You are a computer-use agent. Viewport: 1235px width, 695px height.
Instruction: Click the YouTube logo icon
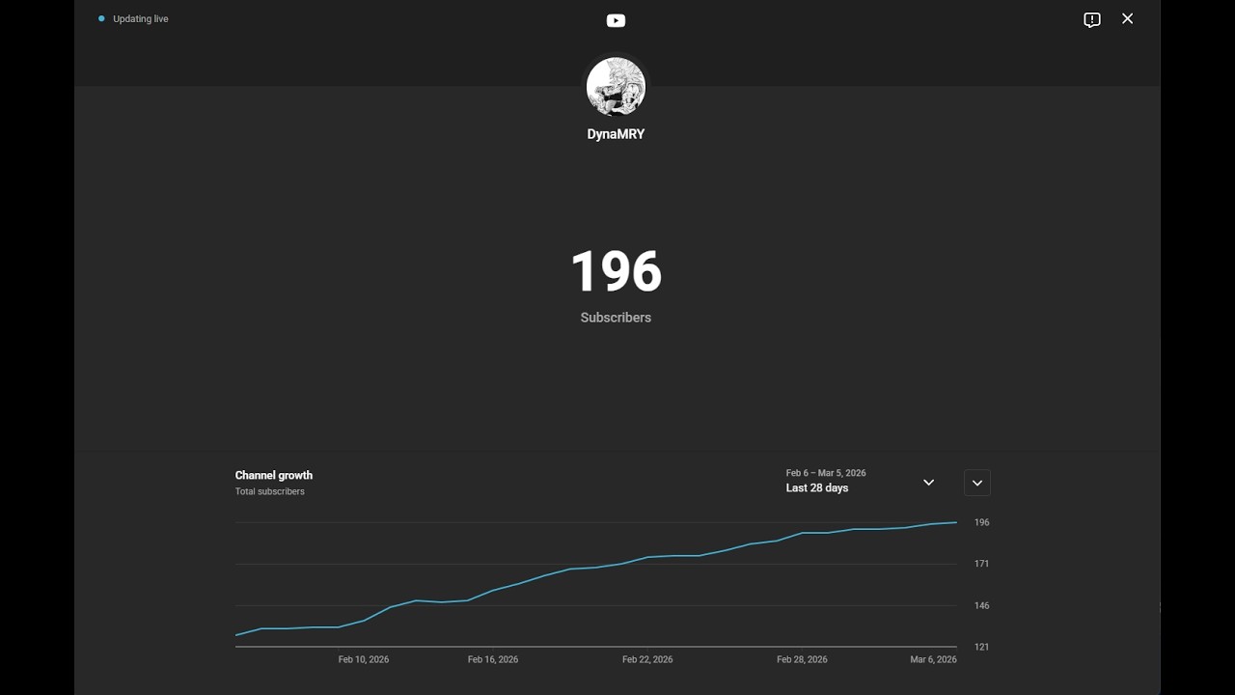616,20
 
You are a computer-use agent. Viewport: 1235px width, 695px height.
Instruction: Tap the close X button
1127,19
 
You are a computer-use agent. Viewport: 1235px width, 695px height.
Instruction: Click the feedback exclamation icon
1092,20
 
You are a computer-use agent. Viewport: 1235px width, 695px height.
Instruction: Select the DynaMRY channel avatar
616,87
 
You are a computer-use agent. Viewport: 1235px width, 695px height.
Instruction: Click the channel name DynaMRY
616,134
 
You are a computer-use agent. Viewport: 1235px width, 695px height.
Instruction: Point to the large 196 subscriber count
616,272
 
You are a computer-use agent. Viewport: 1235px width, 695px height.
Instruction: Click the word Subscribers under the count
616,318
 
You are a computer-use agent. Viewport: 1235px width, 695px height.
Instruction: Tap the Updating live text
141,19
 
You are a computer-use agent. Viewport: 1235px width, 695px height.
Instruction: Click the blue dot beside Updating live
101,18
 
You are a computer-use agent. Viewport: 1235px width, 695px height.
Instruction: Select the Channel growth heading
274,475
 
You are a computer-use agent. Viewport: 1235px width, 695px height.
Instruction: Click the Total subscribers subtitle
270,491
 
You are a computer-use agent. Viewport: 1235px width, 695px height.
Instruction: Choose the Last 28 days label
817,488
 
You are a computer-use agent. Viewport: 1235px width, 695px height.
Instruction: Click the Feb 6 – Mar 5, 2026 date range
826,473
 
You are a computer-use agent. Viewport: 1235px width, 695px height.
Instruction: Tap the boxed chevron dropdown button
976,483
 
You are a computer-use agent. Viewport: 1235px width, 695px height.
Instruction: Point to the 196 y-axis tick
981,522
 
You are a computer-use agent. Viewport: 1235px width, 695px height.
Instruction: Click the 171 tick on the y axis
981,564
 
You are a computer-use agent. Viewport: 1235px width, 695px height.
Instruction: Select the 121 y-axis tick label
981,647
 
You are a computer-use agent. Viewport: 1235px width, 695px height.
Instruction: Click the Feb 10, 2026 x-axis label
364,660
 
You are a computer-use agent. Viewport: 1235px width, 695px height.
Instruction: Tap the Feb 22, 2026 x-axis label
647,660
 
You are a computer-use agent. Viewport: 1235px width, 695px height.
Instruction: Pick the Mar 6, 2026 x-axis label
933,660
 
